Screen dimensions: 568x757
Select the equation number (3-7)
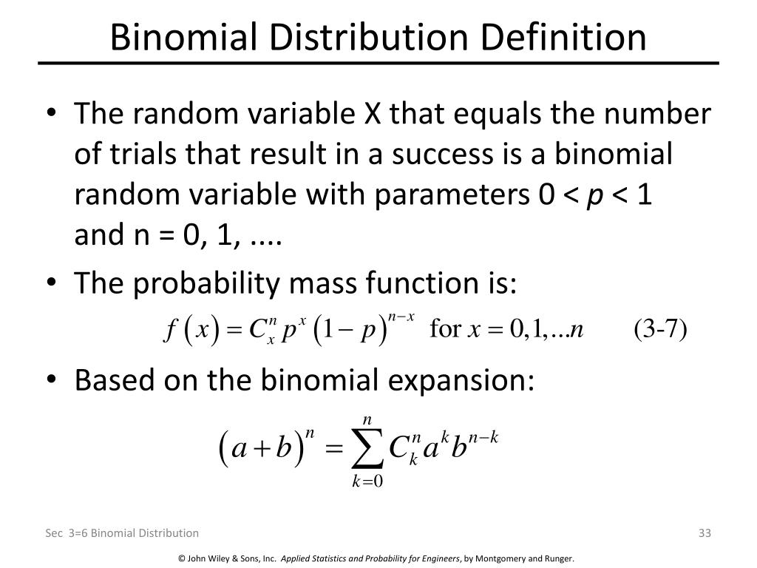660,328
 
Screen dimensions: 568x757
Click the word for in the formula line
445,328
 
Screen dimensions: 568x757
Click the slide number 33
704,532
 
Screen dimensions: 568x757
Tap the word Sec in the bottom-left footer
51,532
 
